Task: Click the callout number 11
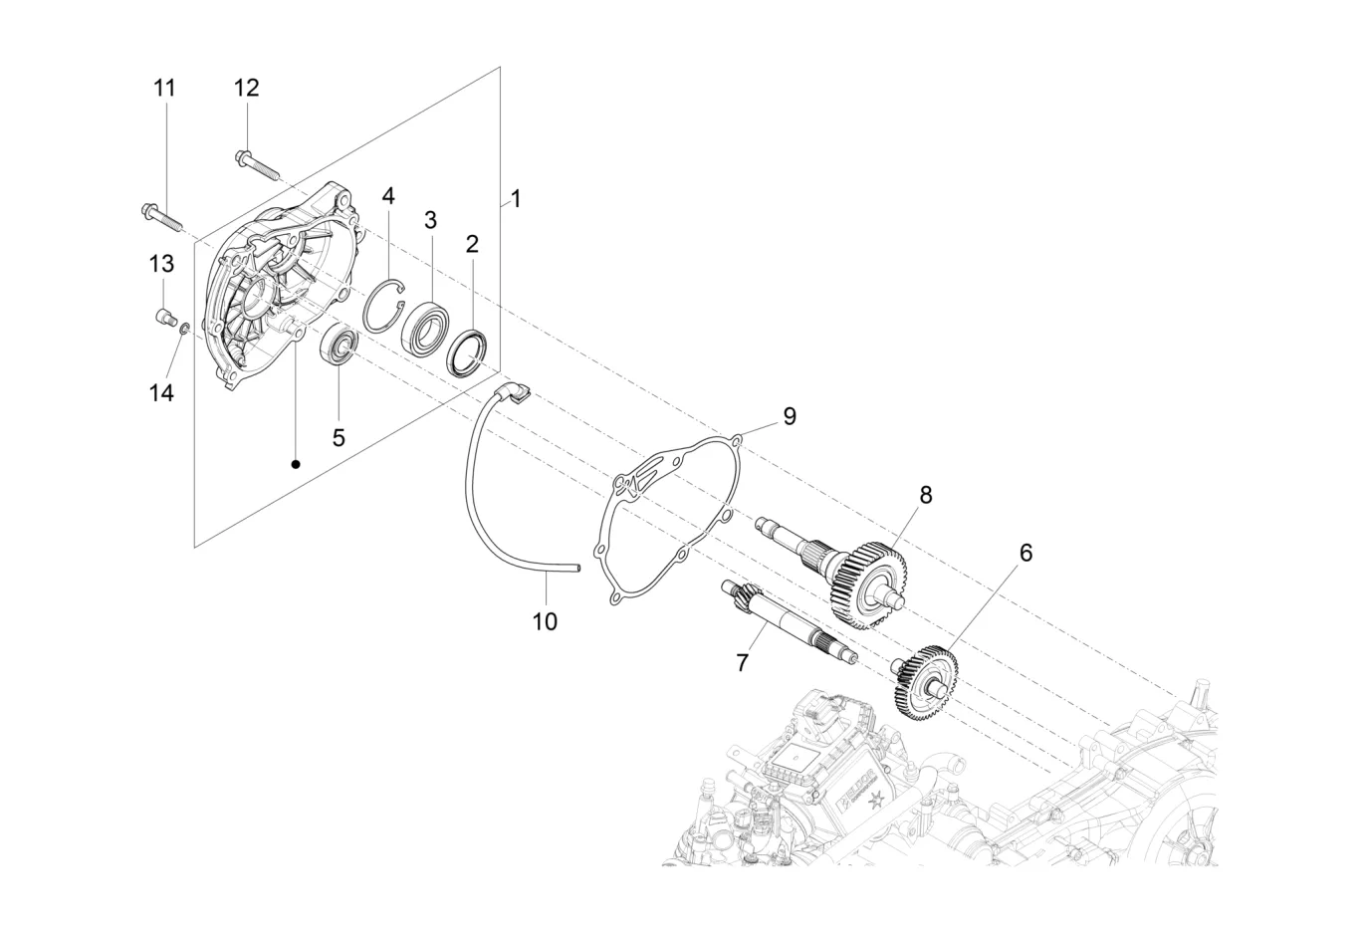click(x=164, y=89)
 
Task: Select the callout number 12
click(x=247, y=89)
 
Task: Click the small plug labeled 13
click(x=163, y=318)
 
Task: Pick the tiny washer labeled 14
click(x=184, y=330)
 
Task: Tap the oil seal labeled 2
click(x=468, y=353)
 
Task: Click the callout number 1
click(x=516, y=199)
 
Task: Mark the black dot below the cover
click(x=296, y=465)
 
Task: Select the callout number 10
click(x=546, y=622)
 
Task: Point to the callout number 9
click(x=790, y=416)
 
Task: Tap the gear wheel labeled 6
click(x=925, y=684)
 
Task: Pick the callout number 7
click(x=742, y=663)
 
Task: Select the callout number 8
click(x=926, y=496)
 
